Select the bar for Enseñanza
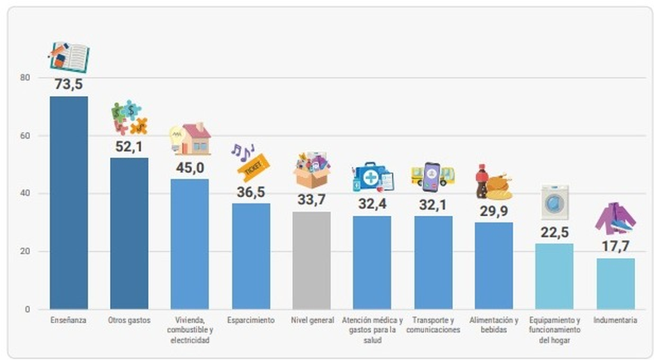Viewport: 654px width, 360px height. pyautogui.click(x=69, y=203)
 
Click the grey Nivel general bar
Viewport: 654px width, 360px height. pyautogui.click(x=311, y=260)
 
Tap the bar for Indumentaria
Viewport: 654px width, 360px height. pyautogui.click(x=615, y=283)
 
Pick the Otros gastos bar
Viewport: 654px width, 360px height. pyautogui.click(x=129, y=233)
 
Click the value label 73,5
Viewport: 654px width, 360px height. pyautogui.click(x=69, y=84)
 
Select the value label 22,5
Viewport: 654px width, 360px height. pyautogui.click(x=555, y=233)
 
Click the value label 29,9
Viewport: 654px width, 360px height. pyautogui.click(x=493, y=211)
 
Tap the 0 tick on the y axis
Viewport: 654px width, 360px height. pyautogui.click(x=27, y=310)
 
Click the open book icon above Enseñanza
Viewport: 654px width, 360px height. pyautogui.click(x=69, y=57)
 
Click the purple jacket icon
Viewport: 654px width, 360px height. pyautogui.click(x=615, y=218)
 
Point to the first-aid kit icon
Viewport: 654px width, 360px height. pyautogui.click(x=373, y=176)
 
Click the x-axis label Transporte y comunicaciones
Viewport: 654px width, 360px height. pyautogui.click(x=433, y=324)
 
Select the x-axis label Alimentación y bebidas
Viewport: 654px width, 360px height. pyautogui.click(x=493, y=324)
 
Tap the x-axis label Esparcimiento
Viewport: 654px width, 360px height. pyautogui.click(x=250, y=320)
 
